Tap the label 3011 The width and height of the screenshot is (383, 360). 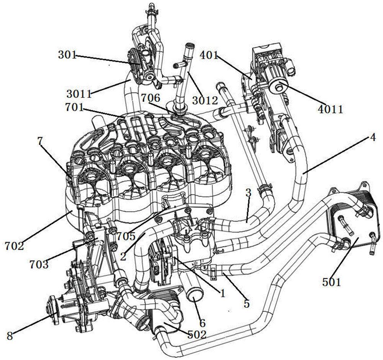point(79,94)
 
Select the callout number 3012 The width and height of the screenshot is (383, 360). point(205,100)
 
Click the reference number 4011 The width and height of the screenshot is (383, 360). point(331,109)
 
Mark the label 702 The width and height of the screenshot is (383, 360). point(14,246)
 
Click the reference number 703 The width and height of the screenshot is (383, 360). point(39,265)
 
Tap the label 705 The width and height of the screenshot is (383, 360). point(126,236)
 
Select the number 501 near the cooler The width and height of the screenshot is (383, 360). point(331,283)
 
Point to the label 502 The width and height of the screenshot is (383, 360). point(197,334)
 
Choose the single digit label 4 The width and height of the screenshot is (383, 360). point(372,138)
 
